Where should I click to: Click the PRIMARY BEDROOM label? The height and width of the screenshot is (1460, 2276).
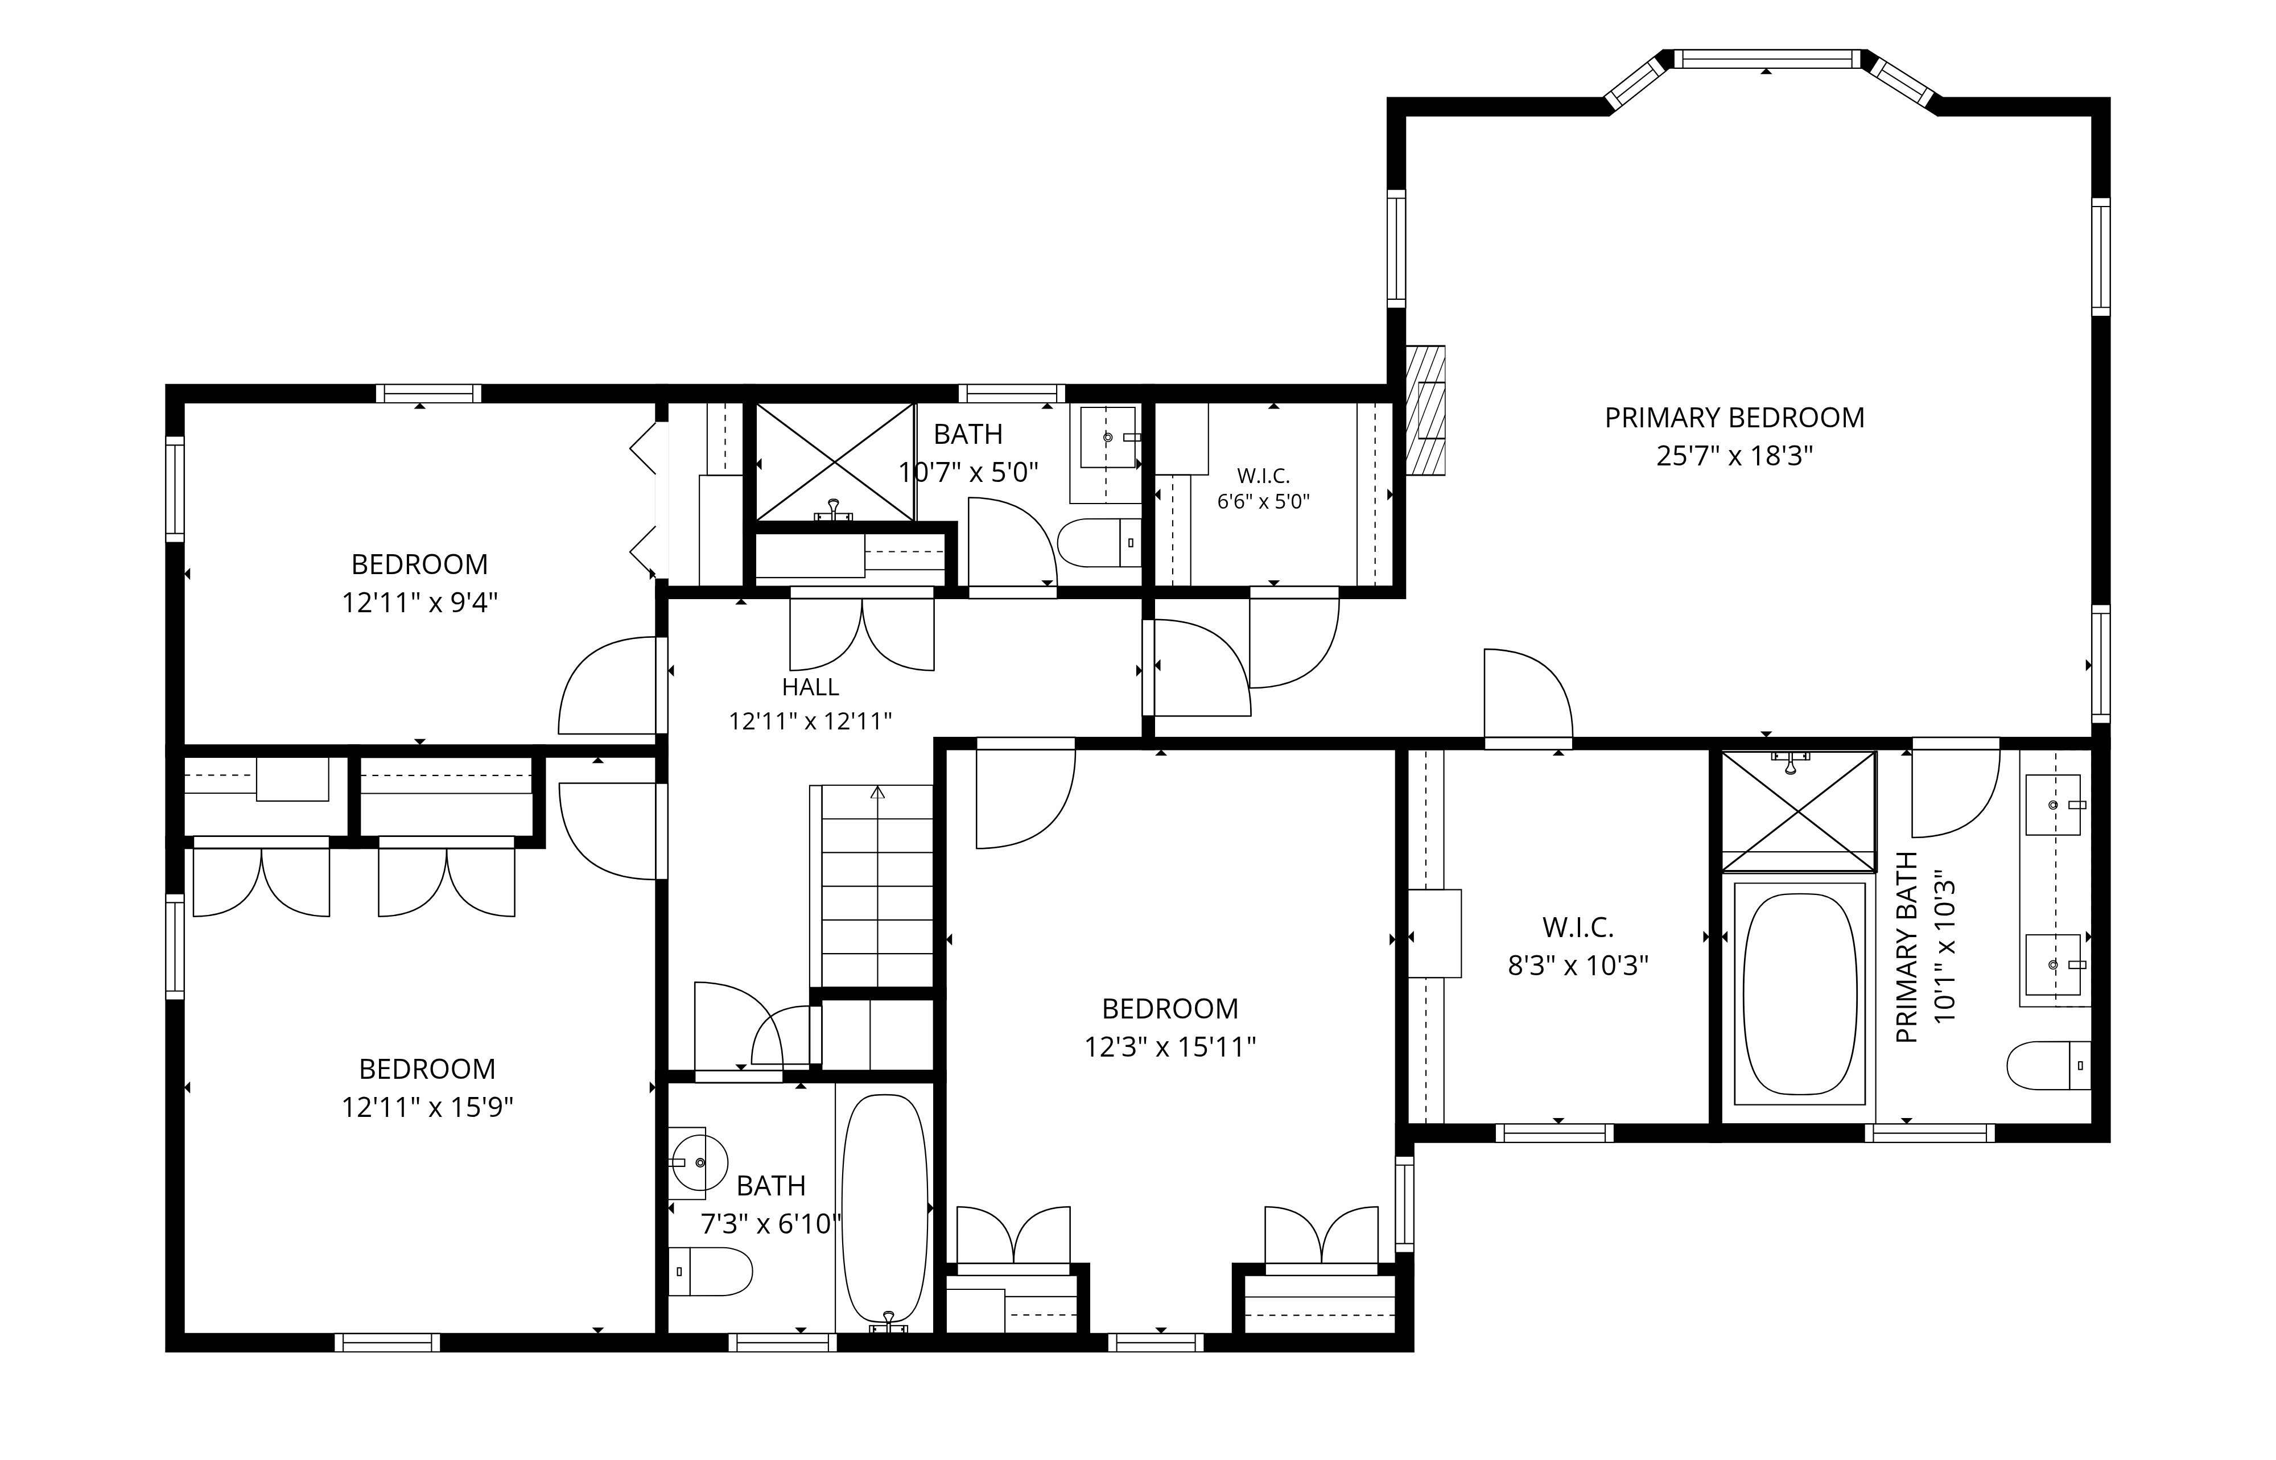pyautogui.click(x=1734, y=418)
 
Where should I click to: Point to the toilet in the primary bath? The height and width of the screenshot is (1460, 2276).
pyautogui.click(x=2048, y=1066)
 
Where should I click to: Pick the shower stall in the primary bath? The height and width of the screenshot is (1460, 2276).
pyautogui.click(x=1798, y=811)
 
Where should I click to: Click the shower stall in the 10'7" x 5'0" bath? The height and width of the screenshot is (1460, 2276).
pyautogui.click(x=834, y=461)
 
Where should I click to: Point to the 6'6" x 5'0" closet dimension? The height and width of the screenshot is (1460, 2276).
pyautogui.click(x=1264, y=501)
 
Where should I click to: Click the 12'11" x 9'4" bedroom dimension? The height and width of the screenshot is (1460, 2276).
pyautogui.click(x=420, y=603)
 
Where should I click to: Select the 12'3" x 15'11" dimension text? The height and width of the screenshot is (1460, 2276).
pyautogui.click(x=1170, y=1047)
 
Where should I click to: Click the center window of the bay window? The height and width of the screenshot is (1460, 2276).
pyautogui.click(x=1766, y=59)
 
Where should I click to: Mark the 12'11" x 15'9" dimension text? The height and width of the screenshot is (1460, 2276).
pyautogui.click(x=427, y=1107)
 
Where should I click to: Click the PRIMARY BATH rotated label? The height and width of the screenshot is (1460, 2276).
pyautogui.click(x=1907, y=948)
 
